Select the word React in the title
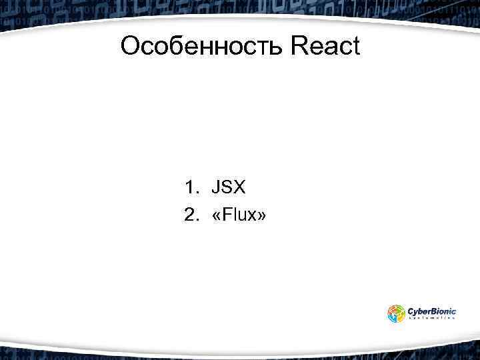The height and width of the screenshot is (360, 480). point(325,46)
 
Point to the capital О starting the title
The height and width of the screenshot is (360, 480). point(131,46)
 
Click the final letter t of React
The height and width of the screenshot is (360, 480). point(355,46)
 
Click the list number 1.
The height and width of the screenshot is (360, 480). point(191,187)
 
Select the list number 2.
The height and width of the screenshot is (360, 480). point(191,215)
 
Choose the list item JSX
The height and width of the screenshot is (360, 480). point(229,187)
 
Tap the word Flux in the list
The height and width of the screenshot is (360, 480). point(239,215)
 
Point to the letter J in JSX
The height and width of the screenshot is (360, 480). point(216,187)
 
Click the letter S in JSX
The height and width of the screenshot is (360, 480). point(227,187)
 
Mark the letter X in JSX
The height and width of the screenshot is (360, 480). point(239,187)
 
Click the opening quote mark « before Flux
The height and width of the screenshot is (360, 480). point(216,216)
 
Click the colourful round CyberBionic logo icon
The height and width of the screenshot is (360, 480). point(396,313)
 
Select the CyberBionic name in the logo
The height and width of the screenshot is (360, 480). point(431,310)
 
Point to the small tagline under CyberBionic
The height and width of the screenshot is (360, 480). point(431,319)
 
